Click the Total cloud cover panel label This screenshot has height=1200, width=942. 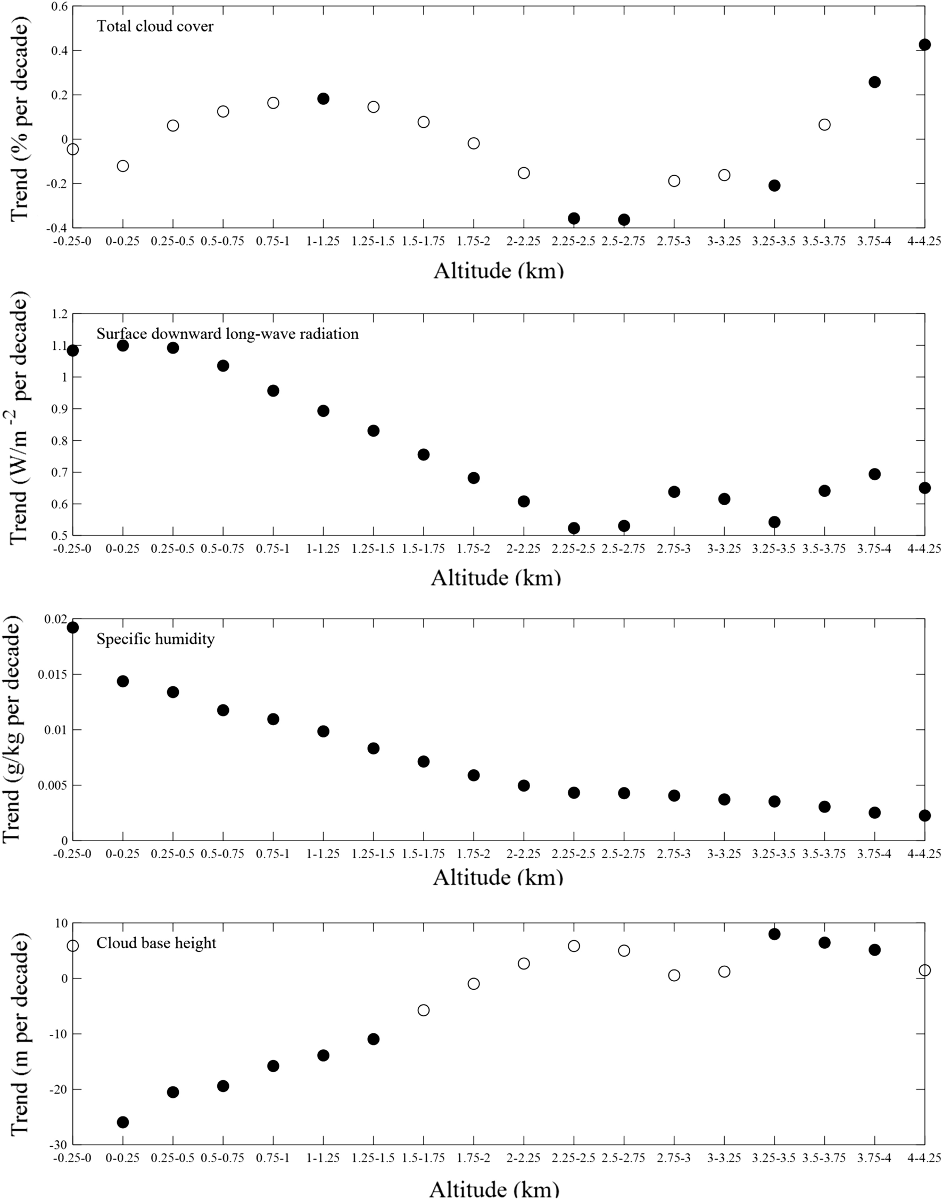click(x=155, y=27)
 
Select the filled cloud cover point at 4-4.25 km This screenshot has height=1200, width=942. click(x=925, y=45)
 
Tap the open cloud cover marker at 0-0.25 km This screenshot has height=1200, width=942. click(x=123, y=166)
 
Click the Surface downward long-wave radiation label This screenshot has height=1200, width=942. click(x=227, y=334)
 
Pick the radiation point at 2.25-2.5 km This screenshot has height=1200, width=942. click(x=574, y=528)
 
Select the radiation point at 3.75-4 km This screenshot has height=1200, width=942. click(x=874, y=474)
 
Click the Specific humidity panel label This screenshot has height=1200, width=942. click(x=155, y=639)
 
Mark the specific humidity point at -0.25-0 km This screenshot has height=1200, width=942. click(x=73, y=627)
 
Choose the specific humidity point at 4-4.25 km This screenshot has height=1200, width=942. click(x=925, y=816)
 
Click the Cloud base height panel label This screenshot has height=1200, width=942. click(x=156, y=943)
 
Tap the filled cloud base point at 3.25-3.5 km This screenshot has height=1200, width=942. click(x=774, y=934)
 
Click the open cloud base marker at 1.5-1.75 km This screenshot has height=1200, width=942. click(x=424, y=1010)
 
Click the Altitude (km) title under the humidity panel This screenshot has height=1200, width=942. click(x=498, y=877)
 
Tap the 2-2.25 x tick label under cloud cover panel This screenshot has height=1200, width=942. click(x=523, y=242)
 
